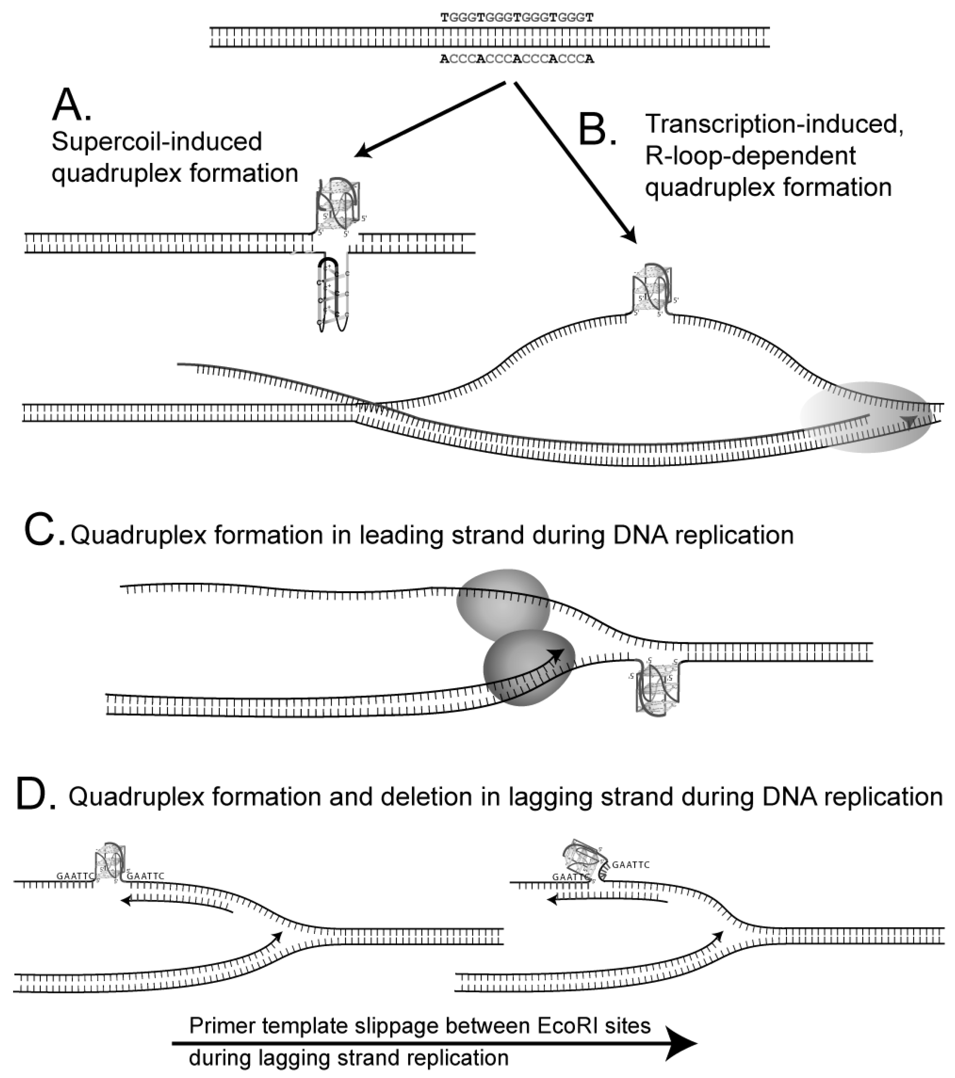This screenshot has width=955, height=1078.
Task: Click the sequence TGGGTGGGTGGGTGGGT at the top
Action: click(517, 18)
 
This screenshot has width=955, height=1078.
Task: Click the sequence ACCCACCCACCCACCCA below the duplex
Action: click(517, 59)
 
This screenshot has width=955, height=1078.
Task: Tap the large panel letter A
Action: click(71, 105)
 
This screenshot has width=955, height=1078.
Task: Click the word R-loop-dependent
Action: click(750, 156)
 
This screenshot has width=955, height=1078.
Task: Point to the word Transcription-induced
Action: click(774, 125)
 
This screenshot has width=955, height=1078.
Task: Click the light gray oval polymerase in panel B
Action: click(865, 416)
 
